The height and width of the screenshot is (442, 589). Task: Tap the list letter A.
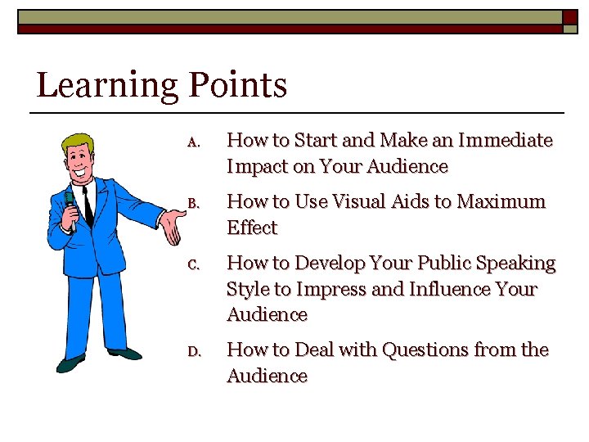[193, 142]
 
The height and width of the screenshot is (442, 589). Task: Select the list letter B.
[193, 203]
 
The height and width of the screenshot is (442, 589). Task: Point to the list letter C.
[193, 264]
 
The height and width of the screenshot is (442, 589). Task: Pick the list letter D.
[194, 351]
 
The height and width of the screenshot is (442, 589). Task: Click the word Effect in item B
[252, 228]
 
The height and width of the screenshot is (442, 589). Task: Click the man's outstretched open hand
[173, 226]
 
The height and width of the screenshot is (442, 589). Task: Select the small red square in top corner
[569, 16]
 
